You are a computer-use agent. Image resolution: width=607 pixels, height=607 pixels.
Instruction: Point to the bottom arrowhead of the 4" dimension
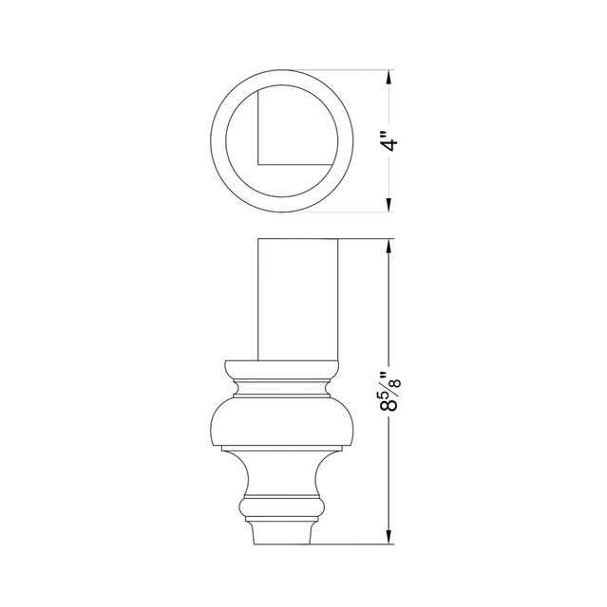389,206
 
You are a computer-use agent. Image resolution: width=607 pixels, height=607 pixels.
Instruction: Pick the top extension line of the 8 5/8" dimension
366,238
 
